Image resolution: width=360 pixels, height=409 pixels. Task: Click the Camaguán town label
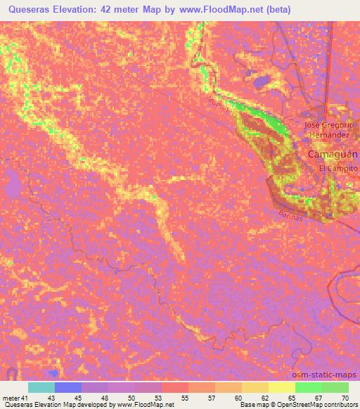(333, 154)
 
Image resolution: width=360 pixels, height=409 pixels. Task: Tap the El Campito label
(338, 169)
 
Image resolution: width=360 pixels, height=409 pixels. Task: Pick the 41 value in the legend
(25, 398)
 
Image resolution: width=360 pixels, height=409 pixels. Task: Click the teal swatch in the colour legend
(41, 388)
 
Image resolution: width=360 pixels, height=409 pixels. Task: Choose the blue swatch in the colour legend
(68, 388)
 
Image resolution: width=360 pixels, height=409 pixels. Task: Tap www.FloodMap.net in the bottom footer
(147, 405)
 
